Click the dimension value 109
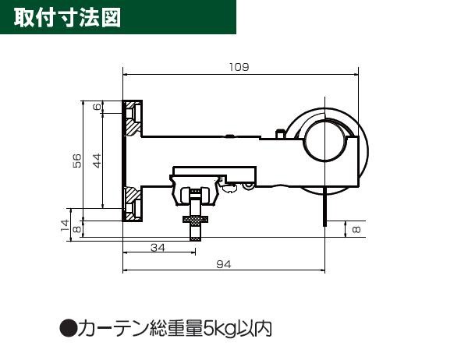(239, 67)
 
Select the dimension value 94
(224, 265)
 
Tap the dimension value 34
(158, 248)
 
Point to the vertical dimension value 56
(77, 161)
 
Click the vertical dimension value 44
(97, 161)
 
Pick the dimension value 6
(97, 107)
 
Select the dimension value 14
(65, 225)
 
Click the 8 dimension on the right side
(356, 229)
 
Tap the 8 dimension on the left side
(77, 229)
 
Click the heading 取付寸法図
(67, 18)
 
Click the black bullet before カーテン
(69, 328)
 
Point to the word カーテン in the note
(113, 328)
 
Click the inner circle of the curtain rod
(325, 140)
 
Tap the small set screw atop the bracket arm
(280, 133)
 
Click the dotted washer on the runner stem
(196, 220)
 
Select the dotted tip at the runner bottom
(196, 238)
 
